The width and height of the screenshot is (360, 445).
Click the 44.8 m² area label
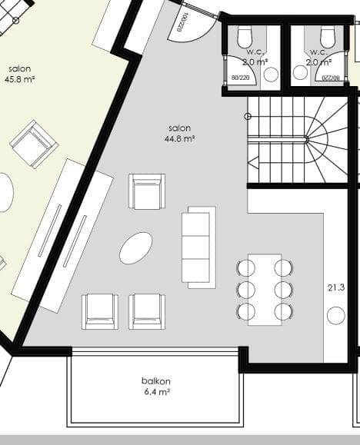click(x=179, y=139)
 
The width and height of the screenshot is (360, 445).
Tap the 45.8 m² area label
click(x=19, y=79)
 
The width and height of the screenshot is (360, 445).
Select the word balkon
click(x=156, y=381)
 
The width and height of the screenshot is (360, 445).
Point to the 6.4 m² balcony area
click(x=157, y=392)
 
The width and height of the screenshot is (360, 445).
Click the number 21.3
click(x=336, y=287)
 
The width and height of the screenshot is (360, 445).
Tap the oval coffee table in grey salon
click(x=135, y=248)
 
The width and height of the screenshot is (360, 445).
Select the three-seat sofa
click(x=198, y=247)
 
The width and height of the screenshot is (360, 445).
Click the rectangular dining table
click(x=265, y=290)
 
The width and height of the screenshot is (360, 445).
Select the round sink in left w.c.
click(x=271, y=75)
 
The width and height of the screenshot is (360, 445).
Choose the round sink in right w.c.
click(x=300, y=73)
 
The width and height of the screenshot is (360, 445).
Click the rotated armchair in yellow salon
click(x=34, y=144)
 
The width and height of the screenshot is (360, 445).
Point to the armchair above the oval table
click(x=147, y=191)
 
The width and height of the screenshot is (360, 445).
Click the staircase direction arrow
click(x=254, y=163)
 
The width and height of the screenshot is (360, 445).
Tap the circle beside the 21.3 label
click(x=336, y=315)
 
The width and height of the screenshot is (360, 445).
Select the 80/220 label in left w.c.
click(x=240, y=77)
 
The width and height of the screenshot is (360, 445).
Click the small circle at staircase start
click(x=248, y=116)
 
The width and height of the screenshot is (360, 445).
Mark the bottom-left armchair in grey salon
click(x=100, y=311)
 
